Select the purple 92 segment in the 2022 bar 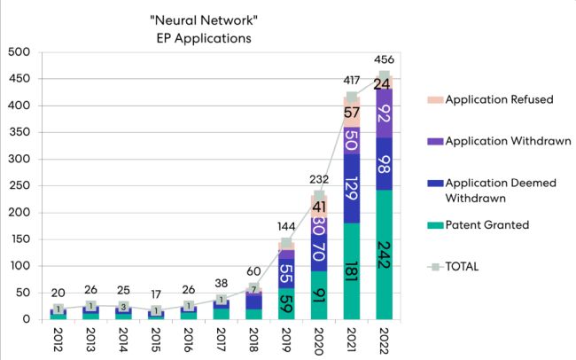tap(384, 113)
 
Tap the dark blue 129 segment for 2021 tap(352, 188)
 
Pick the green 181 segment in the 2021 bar tap(352, 270)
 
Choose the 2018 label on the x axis tap(255, 340)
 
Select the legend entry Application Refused tap(499, 99)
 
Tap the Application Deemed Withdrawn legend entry tap(501, 189)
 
